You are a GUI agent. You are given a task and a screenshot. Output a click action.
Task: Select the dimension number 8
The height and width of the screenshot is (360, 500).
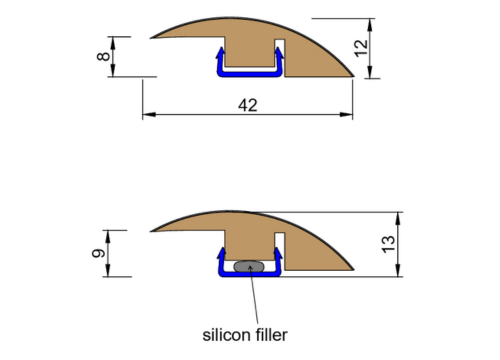coord(103,56)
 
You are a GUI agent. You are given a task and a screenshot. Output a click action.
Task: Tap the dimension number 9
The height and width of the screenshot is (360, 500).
coord(97,253)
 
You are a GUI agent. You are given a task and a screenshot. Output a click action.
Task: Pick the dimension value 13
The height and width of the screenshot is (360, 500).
coord(390,241)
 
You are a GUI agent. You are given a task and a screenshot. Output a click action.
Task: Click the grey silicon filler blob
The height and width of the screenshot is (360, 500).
coord(248,267)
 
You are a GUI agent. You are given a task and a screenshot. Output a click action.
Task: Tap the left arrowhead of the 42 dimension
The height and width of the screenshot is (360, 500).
coord(147,116)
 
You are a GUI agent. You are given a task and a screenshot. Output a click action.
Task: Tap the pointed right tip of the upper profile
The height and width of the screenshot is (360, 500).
coord(355,76)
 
